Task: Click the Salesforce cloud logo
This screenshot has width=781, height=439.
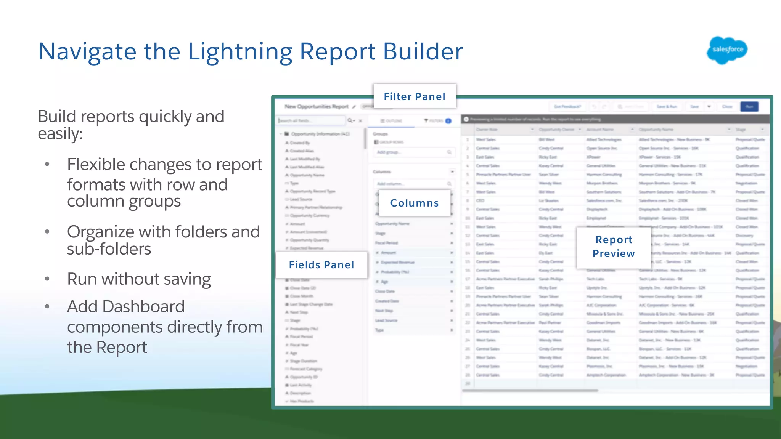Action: pyautogui.click(x=727, y=50)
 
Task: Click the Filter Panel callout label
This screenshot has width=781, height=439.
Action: pyautogui.click(x=415, y=96)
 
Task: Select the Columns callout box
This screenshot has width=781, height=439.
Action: pyautogui.click(x=415, y=203)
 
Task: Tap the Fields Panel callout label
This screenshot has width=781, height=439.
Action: pyautogui.click(x=321, y=265)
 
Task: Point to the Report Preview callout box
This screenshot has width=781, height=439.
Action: pyautogui.click(x=614, y=247)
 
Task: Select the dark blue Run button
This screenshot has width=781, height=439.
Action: pyautogui.click(x=749, y=107)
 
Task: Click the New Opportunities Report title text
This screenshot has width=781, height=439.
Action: pyautogui.click(x=317, y=107)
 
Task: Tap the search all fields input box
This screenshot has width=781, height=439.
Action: pyautogui.click(x=311, y=120)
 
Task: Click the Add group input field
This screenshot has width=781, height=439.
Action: pyautogui.click(x=412, y=152)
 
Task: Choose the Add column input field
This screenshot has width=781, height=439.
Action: pyautogui.click(x=412, y=184)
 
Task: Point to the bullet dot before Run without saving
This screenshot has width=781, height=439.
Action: pyautogui.click(x=47, y=279)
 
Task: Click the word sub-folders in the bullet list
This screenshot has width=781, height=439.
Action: pyautogui.click(x=109, y=249)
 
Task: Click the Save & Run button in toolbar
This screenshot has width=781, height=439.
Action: pyautogui.click(x=666, y=107)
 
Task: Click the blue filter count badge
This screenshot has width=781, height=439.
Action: pyautogui.click(x=448, y=121)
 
